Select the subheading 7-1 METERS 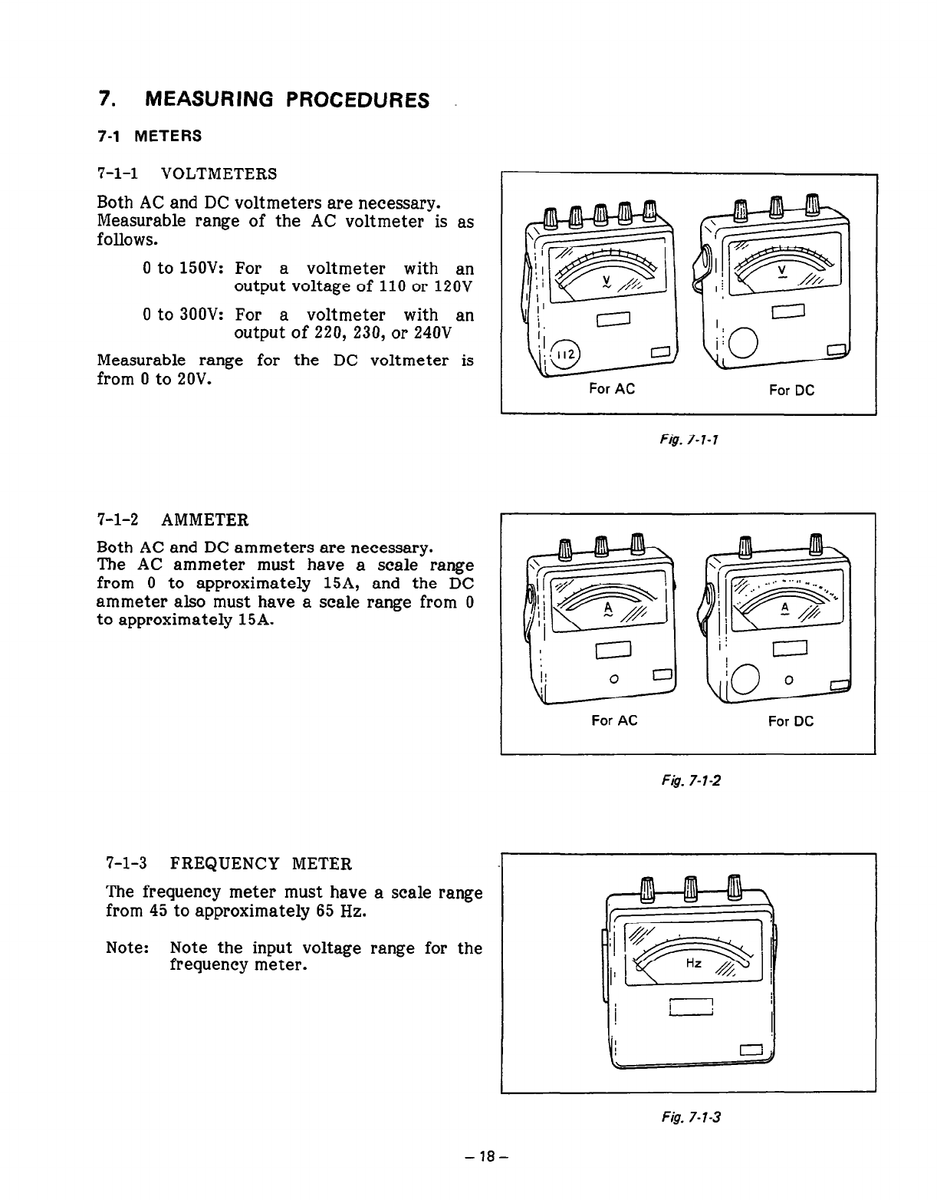[x=150, y=137]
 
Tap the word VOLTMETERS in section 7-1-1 [x=222, y=174]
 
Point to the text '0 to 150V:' [x=182, y=269]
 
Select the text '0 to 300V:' [x=182, y=315]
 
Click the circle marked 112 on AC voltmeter [x=567, y=354]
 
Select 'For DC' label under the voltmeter [x=791, y=390]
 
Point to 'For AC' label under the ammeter [x=613, y=721]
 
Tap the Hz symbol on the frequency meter [x=692, y=964]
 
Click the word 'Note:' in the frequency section [x=127, y=948]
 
